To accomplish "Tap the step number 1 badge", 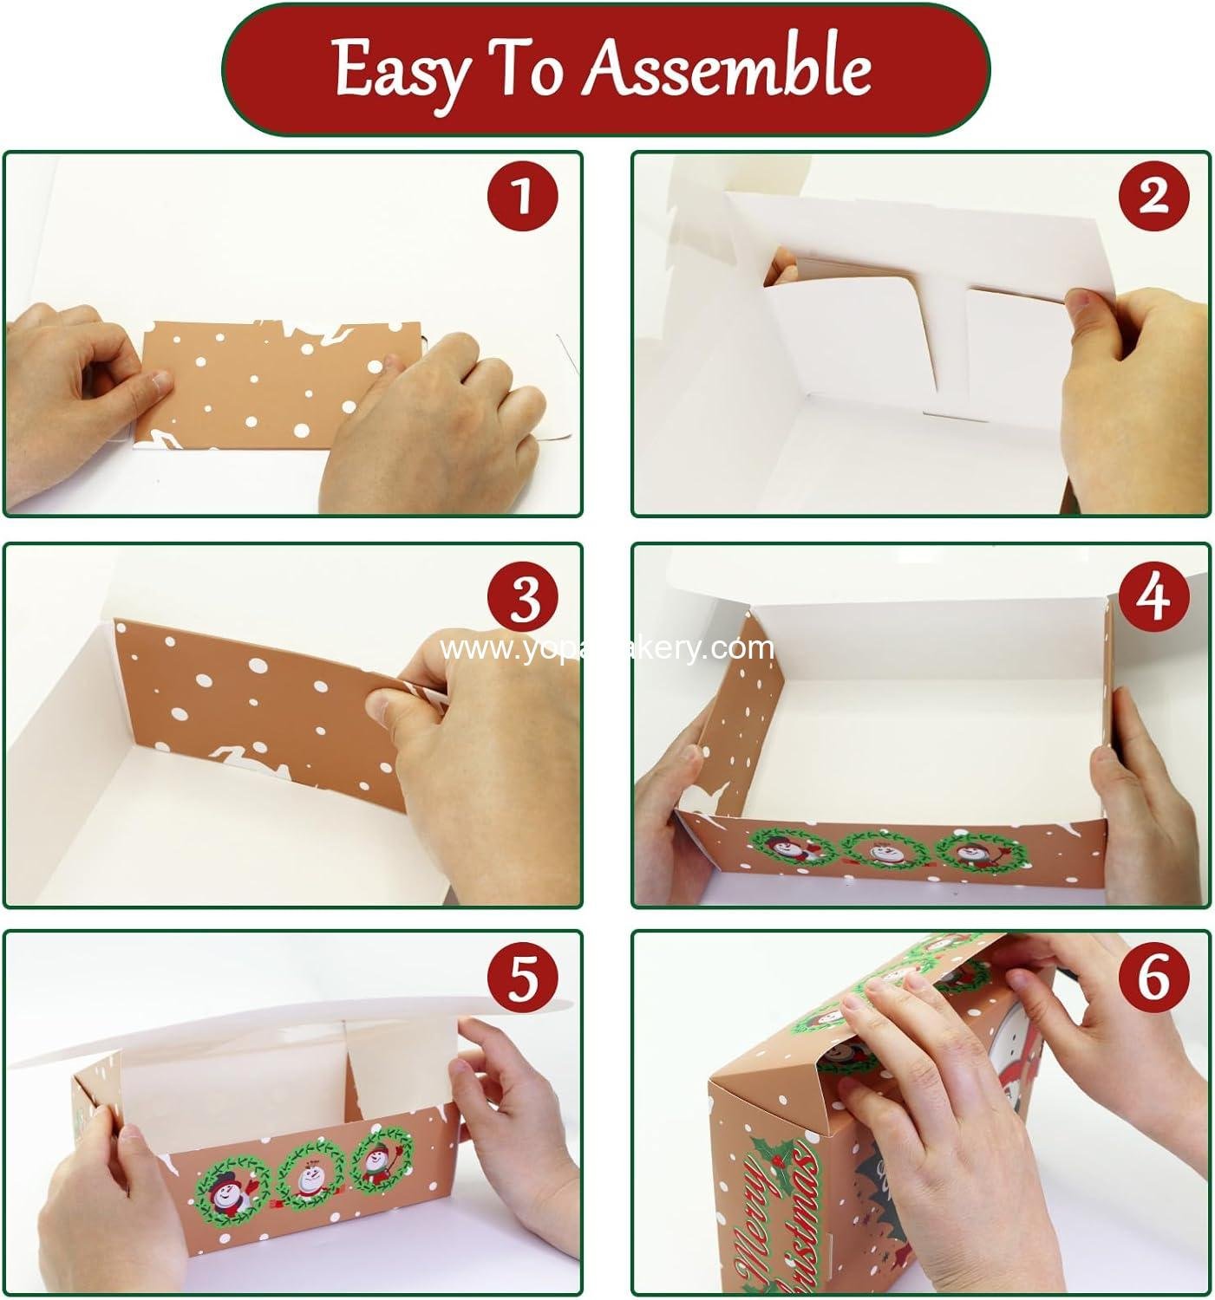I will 521,198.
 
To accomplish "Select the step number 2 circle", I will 1153,197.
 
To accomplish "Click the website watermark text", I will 606,648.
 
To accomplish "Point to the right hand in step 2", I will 1127,373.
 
